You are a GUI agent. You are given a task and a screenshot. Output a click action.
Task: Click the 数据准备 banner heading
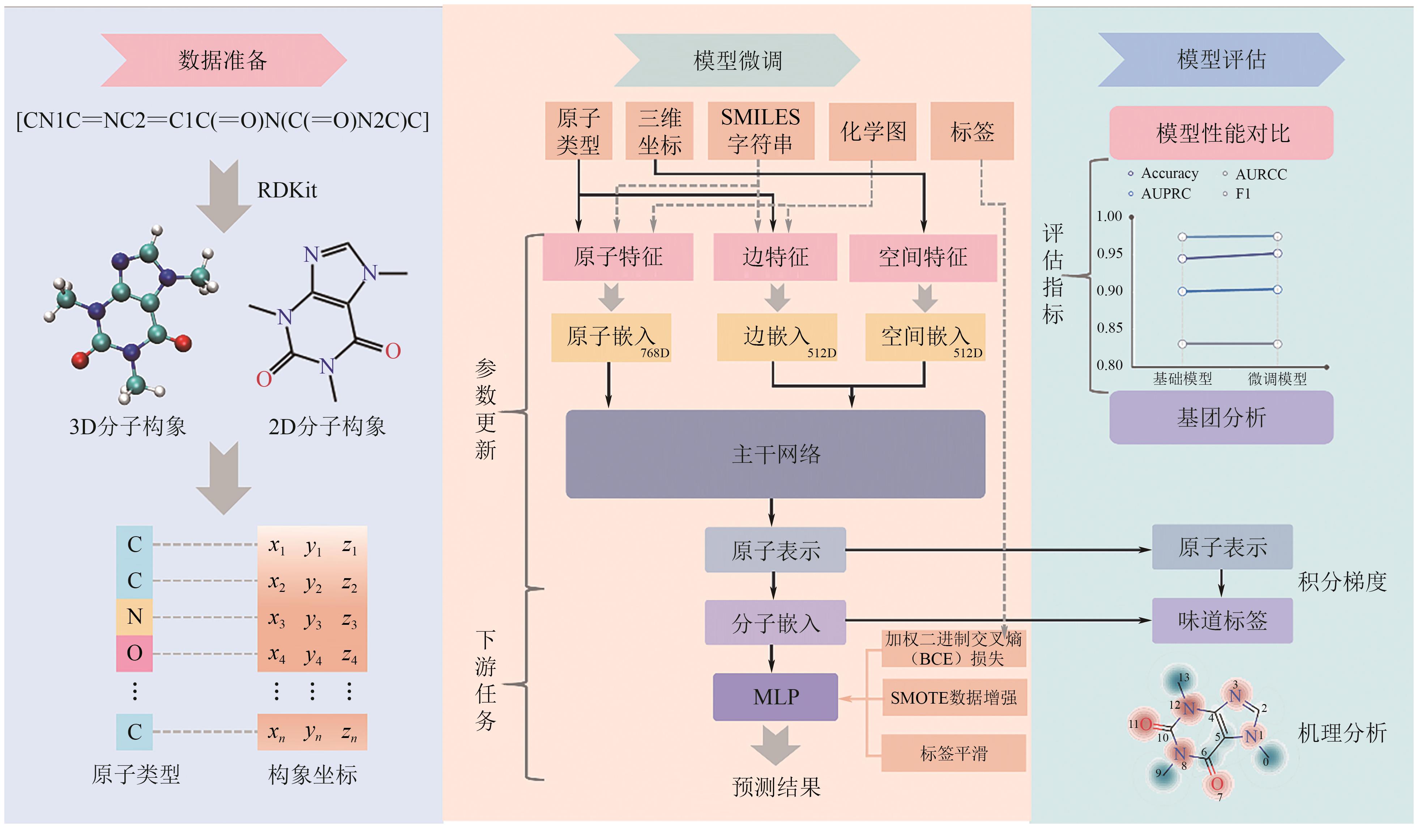tap(223, 60)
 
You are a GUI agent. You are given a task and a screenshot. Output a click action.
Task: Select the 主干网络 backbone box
tap(776, 454)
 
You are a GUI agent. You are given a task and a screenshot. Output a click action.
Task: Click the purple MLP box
tap(776, 697)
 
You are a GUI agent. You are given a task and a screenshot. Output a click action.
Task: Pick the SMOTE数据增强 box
tap(954, 698)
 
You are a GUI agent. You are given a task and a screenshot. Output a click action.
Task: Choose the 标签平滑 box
tap(954, 753)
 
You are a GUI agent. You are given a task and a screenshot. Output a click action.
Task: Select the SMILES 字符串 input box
tap(760, 131)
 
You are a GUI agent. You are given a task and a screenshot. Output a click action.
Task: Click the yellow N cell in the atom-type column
tap(134, 617)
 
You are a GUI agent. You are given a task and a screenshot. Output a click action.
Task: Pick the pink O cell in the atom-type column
tap(134, 653)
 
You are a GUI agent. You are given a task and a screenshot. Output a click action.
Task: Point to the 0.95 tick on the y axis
tap(1109, 253)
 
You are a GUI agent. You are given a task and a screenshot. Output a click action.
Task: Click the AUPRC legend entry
tap(1165, 194)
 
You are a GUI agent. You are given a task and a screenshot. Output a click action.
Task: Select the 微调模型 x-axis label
tap(1277, 379)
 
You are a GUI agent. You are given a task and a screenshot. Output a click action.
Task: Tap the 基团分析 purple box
tap(1221, 418)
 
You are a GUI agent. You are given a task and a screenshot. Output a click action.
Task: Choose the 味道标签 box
tap(1222, 621)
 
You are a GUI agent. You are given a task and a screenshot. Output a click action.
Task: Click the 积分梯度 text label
tap(1342, 581)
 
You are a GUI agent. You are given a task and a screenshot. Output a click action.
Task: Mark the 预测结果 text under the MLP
tap(776, 787)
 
